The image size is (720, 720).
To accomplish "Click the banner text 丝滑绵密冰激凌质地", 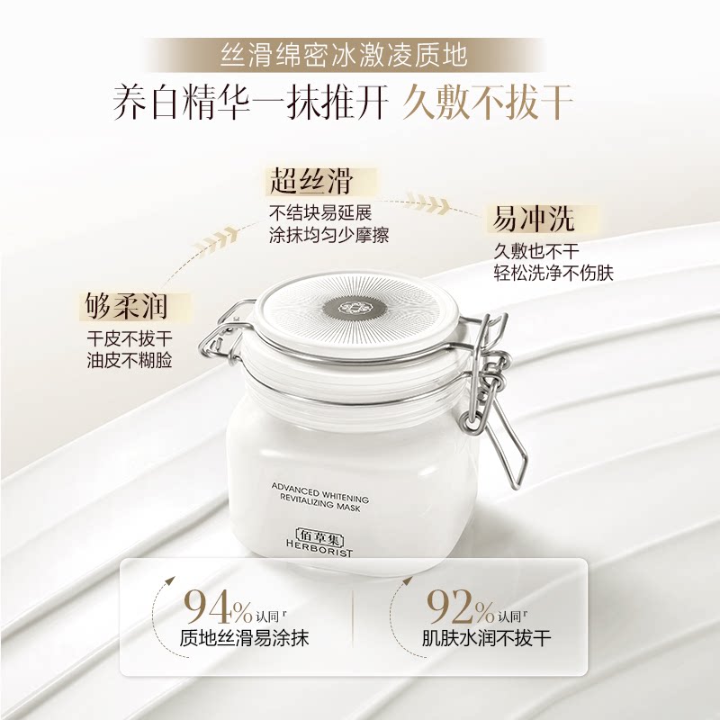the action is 344,55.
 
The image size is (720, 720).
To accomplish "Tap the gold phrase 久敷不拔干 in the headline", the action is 488,102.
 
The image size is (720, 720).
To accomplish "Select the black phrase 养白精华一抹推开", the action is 251,102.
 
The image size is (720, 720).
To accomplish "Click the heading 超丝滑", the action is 310,182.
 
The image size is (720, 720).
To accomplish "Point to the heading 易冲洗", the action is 533,218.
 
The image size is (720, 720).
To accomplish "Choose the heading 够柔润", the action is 126,306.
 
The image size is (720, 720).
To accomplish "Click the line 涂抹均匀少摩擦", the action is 328,235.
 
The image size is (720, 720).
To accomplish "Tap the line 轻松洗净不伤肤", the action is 553,273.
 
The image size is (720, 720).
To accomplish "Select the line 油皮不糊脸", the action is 130,361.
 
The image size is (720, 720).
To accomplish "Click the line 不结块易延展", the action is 320,212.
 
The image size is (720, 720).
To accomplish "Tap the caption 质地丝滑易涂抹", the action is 244,638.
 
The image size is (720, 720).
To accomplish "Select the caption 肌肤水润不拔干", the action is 486,638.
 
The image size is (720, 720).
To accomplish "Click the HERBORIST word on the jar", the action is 319,547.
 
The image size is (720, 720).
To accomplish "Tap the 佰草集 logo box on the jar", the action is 320,535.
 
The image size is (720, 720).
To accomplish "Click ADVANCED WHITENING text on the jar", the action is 320,490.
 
